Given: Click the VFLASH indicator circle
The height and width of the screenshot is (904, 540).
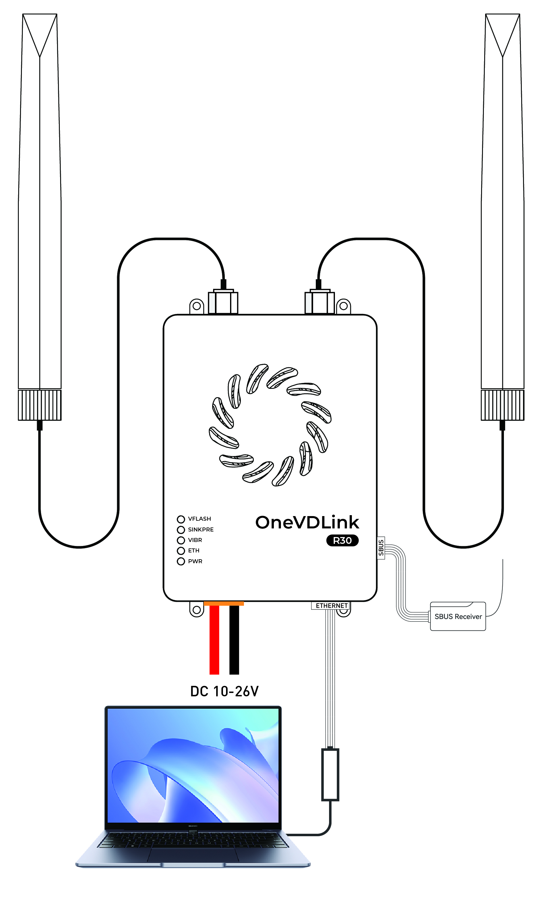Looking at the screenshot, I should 181,519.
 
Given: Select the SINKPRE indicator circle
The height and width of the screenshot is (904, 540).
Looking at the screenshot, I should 181,530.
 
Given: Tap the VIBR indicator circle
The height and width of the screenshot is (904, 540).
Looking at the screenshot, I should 181,540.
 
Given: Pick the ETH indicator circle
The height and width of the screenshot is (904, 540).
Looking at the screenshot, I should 181,551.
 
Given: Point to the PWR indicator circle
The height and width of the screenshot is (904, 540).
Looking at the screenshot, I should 181,562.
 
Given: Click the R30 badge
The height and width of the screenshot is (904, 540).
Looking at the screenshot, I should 342,540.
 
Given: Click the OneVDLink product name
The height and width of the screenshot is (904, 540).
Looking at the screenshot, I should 307,522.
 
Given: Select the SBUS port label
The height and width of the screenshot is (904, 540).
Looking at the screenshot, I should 381,548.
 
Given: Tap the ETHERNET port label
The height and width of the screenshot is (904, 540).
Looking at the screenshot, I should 331,605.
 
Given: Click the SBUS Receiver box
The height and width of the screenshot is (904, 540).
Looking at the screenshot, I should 458,617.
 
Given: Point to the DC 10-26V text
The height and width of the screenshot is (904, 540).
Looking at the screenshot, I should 225,691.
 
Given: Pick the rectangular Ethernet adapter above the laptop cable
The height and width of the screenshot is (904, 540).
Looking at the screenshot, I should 330,775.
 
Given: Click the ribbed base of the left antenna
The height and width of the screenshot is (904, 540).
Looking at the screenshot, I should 40,405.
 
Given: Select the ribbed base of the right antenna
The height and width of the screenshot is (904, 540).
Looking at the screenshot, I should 502,405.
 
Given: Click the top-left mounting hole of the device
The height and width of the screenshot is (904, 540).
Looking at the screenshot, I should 196,306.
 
